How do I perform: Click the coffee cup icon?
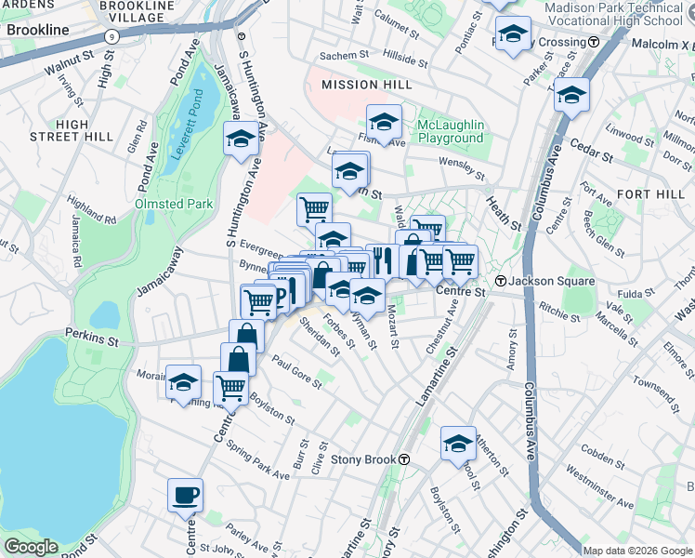[x=185, y=495]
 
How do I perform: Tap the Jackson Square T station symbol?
[x=500, y=281]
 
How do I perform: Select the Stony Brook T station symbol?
[x=404, y=459]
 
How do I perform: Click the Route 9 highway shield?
[x=111, y=35]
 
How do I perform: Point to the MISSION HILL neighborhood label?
[x=364, y=85]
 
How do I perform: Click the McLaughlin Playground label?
[x=451, y=131]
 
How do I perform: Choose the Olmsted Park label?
[x=174, y=204]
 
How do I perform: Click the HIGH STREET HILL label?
[x=71, y=130]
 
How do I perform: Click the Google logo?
[x=30, y=547]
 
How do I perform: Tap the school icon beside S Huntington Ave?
[x=240, y=139]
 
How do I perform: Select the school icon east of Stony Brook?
[x=458, y=444]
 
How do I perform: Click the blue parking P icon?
[x=276, y=296]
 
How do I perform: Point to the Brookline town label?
[x=37, y=30]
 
